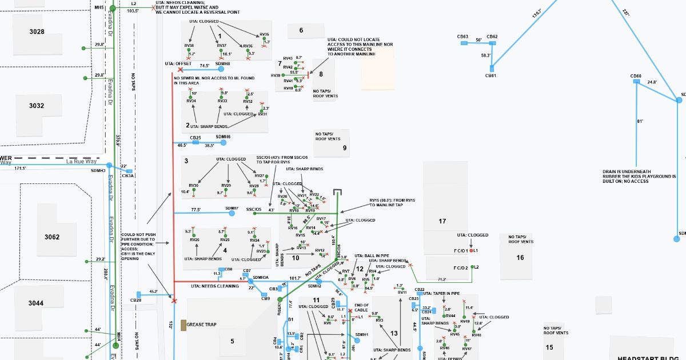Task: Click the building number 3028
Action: (37, 32)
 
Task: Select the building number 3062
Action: (53, 237)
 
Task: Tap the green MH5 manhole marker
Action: (113, 9)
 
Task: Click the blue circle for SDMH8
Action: (221, 69)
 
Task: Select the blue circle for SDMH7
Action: (232, 213)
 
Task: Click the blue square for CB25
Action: (196, 142)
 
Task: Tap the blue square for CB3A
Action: (129, 171)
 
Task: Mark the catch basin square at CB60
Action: (636, 82)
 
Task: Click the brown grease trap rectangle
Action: (184, 325)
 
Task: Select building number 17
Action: (442, 221)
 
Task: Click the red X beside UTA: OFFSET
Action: (181, 69)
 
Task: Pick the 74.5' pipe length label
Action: (204, 66)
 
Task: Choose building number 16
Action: (520, 258)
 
